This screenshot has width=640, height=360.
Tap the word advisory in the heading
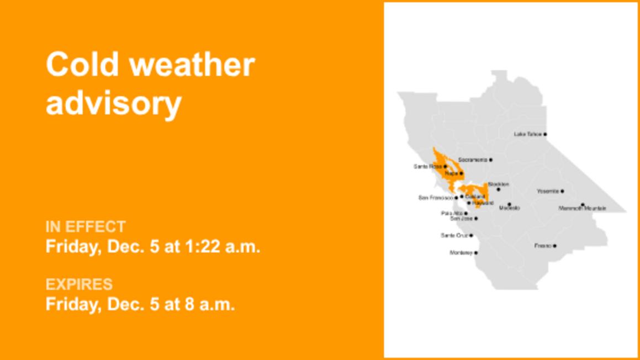(113, 103)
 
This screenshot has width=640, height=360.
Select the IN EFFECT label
(86, 227)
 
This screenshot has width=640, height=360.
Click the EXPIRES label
(79, 284)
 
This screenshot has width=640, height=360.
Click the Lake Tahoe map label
(527, 134)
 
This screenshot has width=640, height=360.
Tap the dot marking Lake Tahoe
(545, 134)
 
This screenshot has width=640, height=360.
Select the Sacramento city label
(472, 160)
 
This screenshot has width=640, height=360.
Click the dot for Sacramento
(490, 160)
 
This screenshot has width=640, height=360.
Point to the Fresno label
(543, 246)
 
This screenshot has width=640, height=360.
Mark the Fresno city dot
(555, 246)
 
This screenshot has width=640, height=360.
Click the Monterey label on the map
(461, 253)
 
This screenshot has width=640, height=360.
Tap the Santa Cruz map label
(454, 236)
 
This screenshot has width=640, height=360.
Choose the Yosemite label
(548, 191)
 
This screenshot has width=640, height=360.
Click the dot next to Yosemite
(562, 191)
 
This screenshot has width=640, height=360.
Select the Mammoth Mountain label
(582, 209)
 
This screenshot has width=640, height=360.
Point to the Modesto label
(509, 208)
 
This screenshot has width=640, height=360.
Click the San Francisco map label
(436, 198)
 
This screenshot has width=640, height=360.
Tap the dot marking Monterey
(476, 253)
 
